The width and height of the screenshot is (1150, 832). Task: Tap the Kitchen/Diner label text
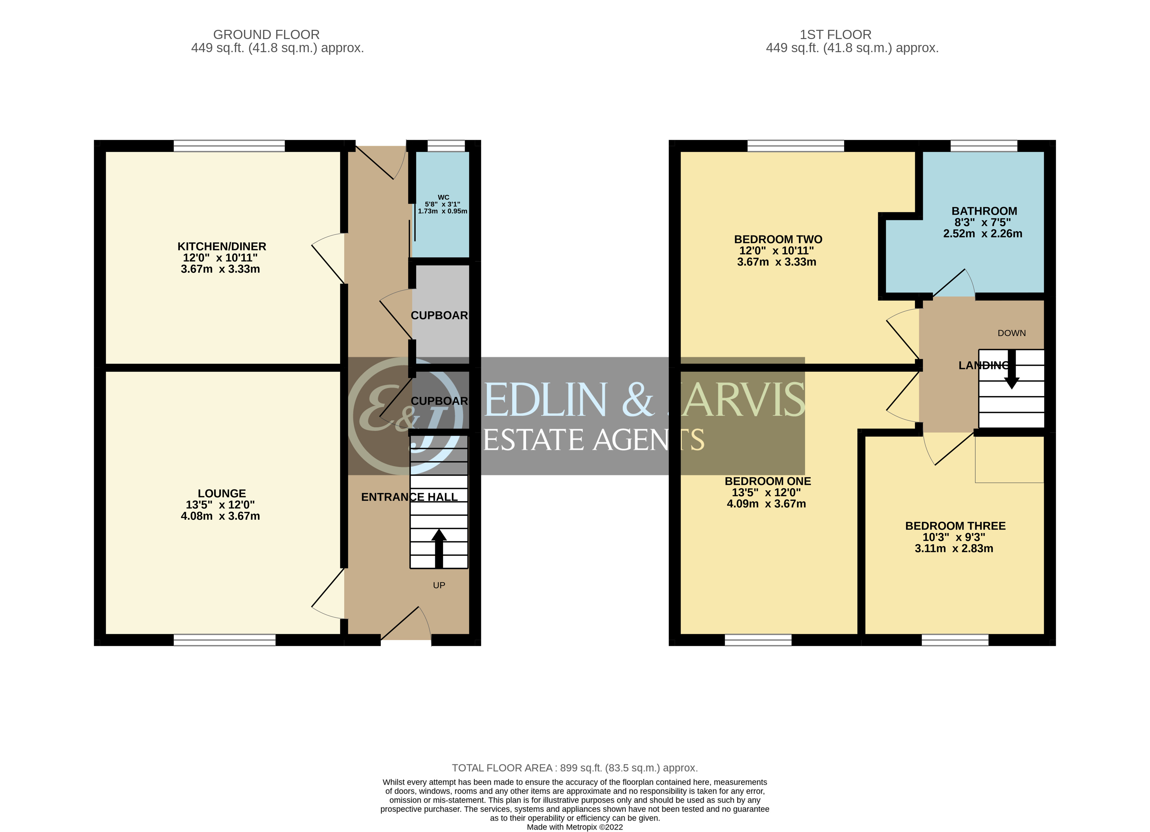(x=222, y=247)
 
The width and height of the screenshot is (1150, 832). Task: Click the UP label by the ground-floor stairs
(x=439, y=585)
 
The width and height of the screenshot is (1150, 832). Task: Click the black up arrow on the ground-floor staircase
(x=439, y=548)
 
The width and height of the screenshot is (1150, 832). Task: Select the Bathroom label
(x=984, y=211)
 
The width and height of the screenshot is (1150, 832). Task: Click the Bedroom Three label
(x=955, y=526)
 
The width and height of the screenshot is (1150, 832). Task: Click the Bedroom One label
(x=767, y=481)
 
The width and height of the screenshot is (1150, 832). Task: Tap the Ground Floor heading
(x=266, y=34)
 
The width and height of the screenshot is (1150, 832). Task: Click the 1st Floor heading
(x=835, y=34)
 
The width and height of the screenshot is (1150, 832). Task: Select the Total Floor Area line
(x=575, y=768)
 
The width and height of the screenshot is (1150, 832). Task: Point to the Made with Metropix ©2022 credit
(x=575, y=827)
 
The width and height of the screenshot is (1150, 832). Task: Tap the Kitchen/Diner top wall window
(x=229, y=146)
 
